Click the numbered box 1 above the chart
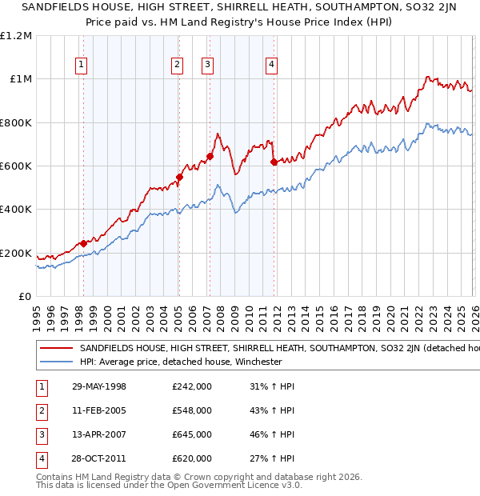82,66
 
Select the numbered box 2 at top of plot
177,66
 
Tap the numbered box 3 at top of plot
208,66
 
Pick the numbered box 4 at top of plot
272,66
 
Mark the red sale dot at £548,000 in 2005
178,178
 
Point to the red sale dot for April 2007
210,156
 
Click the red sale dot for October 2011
274,162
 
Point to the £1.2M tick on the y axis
16,36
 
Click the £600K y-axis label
16,166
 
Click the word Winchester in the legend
257,362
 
